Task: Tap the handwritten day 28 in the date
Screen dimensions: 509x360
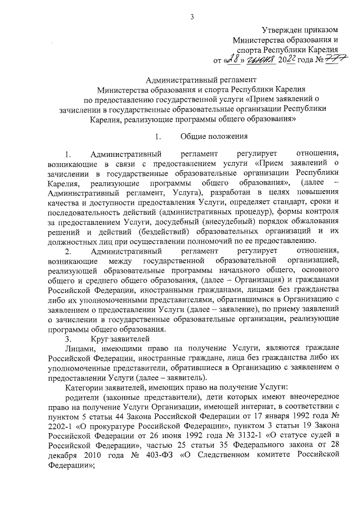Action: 232,59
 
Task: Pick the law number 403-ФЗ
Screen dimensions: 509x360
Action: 161,458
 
